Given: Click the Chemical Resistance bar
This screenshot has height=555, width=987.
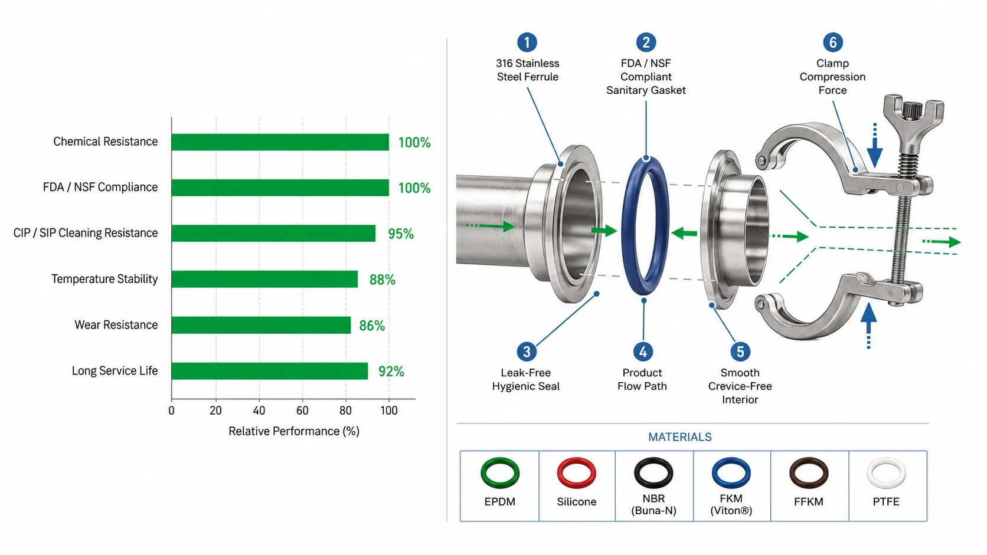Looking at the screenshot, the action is (280, 142).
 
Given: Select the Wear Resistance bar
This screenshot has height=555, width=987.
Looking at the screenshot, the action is (262, 325).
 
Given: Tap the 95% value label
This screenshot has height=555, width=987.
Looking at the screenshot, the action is (401, 234).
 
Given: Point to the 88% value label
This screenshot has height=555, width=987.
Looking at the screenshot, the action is (383, 280).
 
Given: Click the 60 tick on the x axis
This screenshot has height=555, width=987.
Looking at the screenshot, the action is (302, 410).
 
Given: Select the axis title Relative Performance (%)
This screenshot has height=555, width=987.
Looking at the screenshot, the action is (294, 431).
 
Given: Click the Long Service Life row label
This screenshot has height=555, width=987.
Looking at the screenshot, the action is (115, 370).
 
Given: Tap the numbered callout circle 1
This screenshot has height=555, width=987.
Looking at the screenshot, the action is (527, 42).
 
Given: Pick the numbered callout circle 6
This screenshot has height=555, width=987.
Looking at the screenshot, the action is (833, 42).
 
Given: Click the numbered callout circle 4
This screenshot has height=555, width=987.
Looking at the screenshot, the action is (643, 352).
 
